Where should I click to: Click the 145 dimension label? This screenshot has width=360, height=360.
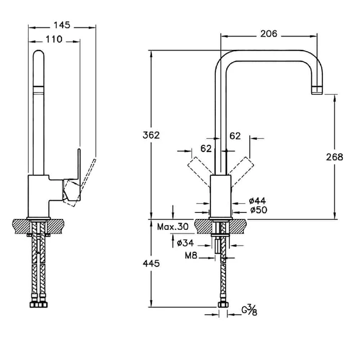point(61,25)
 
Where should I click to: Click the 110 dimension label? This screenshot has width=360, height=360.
point(55,39)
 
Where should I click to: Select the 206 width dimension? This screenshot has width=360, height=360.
point(269,35)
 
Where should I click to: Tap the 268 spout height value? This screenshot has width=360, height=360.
point(333,156)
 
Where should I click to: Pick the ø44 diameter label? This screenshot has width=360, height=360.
point(258,201)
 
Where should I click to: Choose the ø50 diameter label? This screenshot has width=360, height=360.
point(258,210)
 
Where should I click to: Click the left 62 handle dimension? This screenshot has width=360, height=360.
point(206,147)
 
